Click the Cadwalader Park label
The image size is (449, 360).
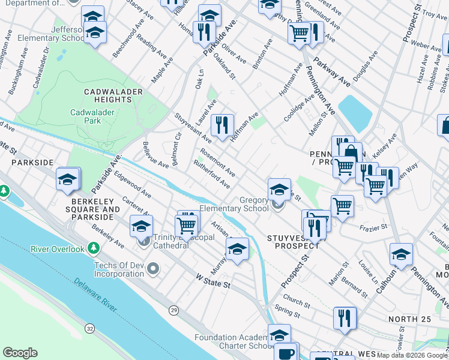[95, 116]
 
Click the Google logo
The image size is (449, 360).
[20, 353]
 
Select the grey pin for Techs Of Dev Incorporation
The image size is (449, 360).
[154, 269]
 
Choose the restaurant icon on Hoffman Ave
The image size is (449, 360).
[223, 125]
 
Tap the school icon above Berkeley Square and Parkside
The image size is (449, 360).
[68, 179]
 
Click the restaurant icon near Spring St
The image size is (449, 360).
[345, 318]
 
